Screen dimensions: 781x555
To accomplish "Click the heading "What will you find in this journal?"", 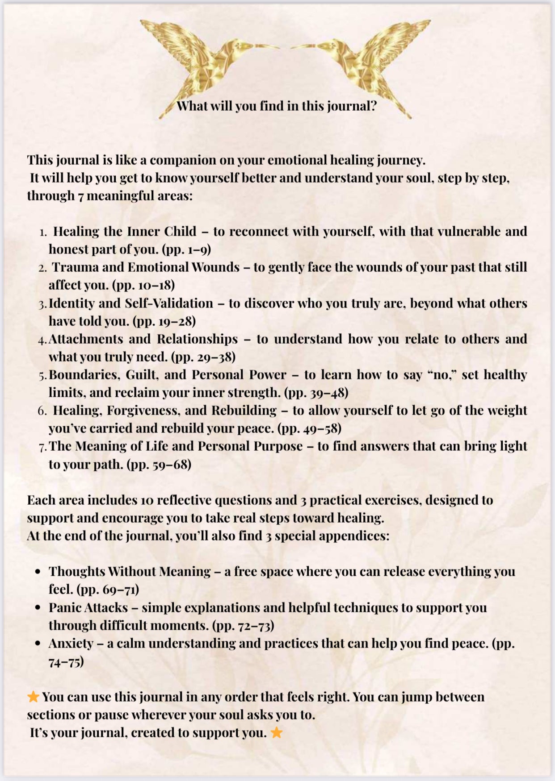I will [x=277, y=106].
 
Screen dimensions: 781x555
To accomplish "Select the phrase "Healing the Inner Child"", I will [x=125, y=231].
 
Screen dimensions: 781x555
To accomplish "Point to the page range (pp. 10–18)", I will [x=143, y=285].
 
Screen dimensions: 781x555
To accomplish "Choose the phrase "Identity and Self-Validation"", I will [x=131, y=303].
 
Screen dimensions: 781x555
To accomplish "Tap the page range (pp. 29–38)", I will [x=203, y=357].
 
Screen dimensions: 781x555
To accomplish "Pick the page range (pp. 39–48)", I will [x=316, y=392].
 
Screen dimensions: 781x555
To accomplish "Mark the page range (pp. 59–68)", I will [x=159, y=464].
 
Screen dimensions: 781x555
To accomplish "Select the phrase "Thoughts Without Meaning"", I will [x=130, y=571].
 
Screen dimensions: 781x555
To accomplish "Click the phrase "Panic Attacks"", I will [x=88, y=607].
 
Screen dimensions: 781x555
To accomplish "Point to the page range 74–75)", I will [x=66, y=661].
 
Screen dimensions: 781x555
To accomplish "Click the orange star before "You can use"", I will [x=33, y=697].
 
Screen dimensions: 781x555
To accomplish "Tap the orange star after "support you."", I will [x=277, y=732].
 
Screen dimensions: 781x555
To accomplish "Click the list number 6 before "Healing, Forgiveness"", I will [x=42, y=411].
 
